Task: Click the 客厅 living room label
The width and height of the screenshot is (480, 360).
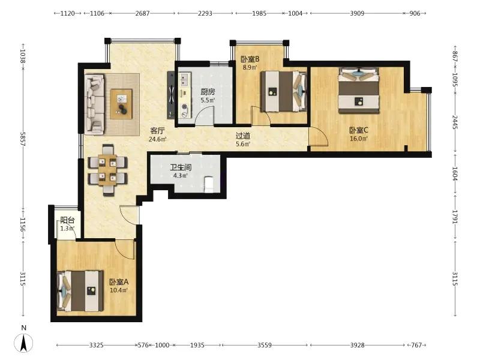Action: [x=157, y=131]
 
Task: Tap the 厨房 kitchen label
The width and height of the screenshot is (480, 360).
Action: [x=208, y=92]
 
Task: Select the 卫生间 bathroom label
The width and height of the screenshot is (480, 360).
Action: [x=181, y=167]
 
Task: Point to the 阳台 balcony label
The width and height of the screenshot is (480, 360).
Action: [x=67, y=220]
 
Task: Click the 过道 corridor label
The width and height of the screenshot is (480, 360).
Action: [x=243, y=136]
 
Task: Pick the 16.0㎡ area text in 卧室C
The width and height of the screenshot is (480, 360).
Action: [x=359, y=139]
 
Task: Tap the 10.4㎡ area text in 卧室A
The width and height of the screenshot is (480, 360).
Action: [x=119, y=290]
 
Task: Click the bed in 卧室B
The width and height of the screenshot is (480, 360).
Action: [x=283, y=91]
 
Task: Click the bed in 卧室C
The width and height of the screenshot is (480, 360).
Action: [x=359, y=91]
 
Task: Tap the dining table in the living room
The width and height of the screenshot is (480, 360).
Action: [x=107, y=170]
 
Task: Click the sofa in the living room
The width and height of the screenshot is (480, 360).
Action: [x=95, y=104]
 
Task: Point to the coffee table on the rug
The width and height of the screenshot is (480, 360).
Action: [x=122, y=104]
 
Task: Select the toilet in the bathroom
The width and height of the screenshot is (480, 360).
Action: [x=209, y=184]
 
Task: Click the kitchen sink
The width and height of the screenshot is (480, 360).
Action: [x=185, y=80]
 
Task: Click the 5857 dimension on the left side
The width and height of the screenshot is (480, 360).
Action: [x=22, y=139]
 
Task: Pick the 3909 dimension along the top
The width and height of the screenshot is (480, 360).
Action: [x=357, y=13]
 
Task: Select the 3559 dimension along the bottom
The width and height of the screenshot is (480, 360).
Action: [x=264, y=345]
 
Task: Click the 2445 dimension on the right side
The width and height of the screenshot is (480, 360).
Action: [x=455, y=122]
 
